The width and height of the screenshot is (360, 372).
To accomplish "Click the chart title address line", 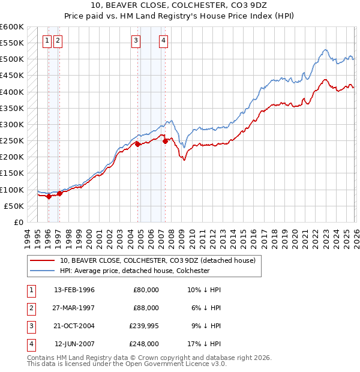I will [179, 5].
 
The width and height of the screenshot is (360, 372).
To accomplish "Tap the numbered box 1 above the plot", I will [47, 41].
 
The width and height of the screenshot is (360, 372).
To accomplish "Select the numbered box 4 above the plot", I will [163, 41].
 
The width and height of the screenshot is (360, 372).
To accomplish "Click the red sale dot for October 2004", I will [137, 144].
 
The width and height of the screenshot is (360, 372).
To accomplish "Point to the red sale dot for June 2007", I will [165, 142].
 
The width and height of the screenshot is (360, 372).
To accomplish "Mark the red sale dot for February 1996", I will [48, 196].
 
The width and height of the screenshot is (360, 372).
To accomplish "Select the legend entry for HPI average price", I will [134, 271].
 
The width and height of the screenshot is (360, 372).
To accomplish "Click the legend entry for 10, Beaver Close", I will [157, 260].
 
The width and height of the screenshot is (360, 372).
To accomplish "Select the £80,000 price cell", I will [145, 289].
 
